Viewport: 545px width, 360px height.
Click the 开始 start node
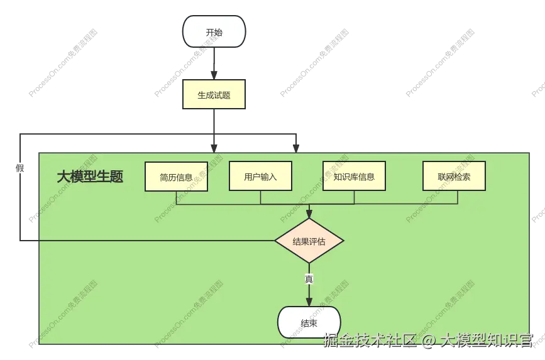click(x=214, y=32)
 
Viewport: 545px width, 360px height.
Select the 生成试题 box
click(x=214, y=95)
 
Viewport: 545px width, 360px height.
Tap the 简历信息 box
click(x=176, y=177)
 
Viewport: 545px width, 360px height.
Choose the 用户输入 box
click(x=260, y=177)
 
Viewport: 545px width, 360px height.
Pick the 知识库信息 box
click(x=354, y=177)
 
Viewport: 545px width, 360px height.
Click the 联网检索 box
click(x=454, y=177)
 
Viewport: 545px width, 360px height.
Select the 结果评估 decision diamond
click(x=309, y=241)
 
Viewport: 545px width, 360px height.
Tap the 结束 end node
click(x=309, y=323)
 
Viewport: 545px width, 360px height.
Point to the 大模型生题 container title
click(x=90, y=177)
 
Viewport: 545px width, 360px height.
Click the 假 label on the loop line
click(x=20, y=168)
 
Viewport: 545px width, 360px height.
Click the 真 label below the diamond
click(x=309, y=278)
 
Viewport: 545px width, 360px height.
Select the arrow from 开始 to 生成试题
click(x=214, y=63)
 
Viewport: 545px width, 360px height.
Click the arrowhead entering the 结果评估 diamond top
click(x=309, y=214)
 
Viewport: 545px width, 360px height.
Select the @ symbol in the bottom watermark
click(x=428, y=341)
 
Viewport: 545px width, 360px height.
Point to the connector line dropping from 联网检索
click(x=457, y=197)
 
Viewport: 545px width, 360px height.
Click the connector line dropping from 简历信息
click(x=176, y=197)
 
